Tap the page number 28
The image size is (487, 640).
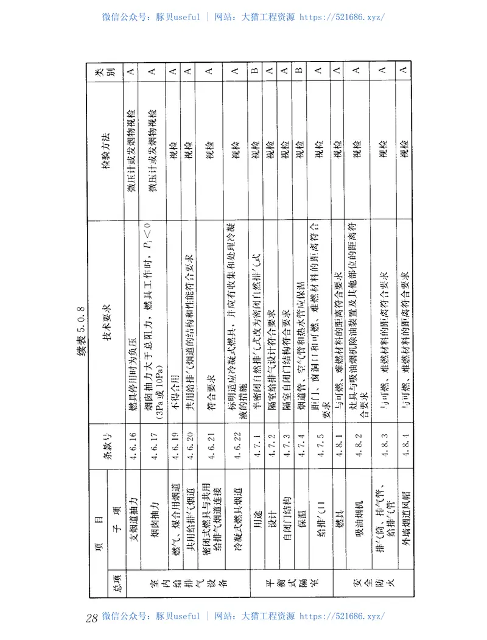coord(92,618)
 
